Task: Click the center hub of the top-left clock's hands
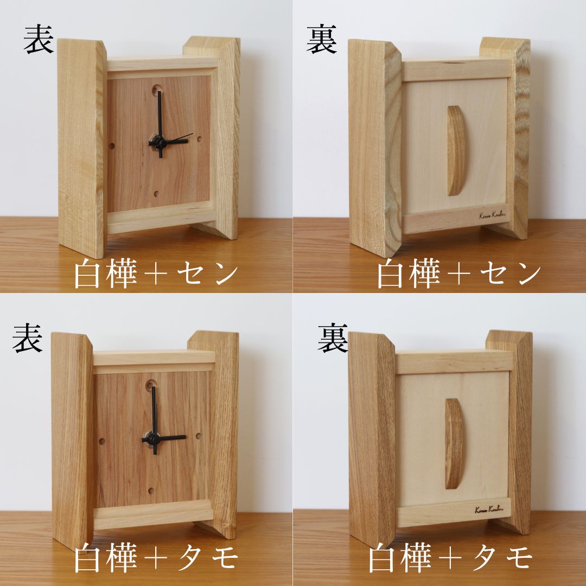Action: click(x=160, y=142)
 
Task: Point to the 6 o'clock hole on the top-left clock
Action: click(x=157, y=193)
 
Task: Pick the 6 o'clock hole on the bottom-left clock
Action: click(x=151, y=490)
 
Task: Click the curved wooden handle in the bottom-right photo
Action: click(x=454, y=443)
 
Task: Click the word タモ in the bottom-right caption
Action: click(x=505, y=559)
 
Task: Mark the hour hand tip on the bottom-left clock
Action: click(x=184, y=437)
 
